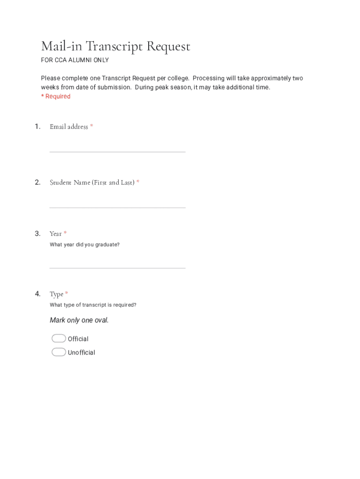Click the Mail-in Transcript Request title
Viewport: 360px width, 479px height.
pos(115,46)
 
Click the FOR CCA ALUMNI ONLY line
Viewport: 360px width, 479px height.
pos(75,60)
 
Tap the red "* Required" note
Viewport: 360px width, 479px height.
pos(56,96)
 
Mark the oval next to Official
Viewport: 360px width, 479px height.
pos(59,339)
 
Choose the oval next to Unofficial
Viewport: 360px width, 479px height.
pos(59,352)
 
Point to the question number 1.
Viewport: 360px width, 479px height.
pos(37,126)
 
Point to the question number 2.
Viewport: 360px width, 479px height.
pos(37,182)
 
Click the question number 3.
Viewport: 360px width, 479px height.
pos(37,233)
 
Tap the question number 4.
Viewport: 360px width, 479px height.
pos(37,294)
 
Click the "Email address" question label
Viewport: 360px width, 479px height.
pos(69,127)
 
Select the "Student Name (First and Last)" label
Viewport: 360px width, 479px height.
pos(92,182)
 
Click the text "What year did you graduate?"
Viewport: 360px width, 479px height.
pos(85,245)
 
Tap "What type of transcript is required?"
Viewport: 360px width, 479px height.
pos(93,305)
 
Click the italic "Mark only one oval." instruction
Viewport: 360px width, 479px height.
pos(79,320)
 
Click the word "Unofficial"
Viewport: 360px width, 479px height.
pos(81,353)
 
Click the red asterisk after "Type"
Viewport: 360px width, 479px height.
pos(66,293)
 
